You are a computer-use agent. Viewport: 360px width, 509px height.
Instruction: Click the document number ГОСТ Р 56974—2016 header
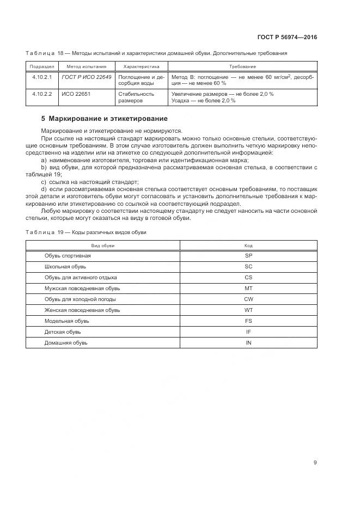pyautogui.click(x=287, y=38)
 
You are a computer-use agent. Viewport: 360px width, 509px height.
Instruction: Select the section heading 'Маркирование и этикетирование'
pyautogui.click(x=104, y=119)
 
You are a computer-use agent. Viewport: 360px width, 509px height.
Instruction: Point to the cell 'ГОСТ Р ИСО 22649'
pyautogui.click(x=87, y=77)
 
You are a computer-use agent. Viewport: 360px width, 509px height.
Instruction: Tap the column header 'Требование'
pyautogui.click(x=242, y=66)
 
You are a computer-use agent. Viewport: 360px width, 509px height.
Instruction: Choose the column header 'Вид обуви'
pyautogui.click(x=102, y=246)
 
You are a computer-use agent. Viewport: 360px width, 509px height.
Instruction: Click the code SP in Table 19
pyautogui.click(x=248, y=255)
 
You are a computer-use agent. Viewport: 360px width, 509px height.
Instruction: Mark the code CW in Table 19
pyautogui.click(x=248, y=299)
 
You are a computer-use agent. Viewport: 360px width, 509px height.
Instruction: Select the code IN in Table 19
pyautogui.click(x=248, y=342)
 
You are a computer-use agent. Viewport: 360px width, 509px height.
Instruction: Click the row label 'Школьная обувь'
pyautogui.click(x=65, y=266)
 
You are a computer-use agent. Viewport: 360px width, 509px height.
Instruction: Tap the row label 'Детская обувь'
pyautogui.click(x=63, y=332)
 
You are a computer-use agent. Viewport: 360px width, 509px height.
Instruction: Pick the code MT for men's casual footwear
pyautogui.click(x=248, y=288)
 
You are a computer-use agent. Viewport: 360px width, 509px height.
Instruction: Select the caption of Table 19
pyautogui.click(x=86, y=232)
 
